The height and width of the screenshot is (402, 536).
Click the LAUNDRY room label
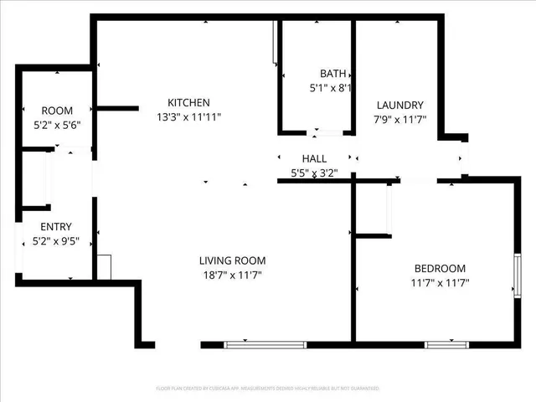pos(399,105)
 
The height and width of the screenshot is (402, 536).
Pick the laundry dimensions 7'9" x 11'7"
pos(399,119)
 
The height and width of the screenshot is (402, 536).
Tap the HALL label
pos(314,158)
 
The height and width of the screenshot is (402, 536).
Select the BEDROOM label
pos(440,268)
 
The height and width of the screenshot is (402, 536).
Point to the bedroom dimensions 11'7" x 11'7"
pos(440,283)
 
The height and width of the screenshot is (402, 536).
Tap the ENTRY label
pos(56,226)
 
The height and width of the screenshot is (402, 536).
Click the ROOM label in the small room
pos(57,111)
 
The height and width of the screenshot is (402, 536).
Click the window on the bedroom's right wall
pos(518,277)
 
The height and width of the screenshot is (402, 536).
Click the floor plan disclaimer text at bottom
pos(268,389)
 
